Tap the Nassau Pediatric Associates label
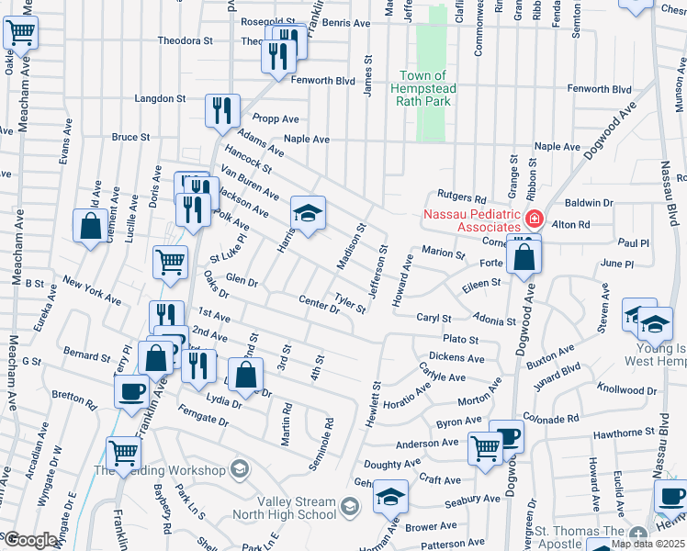pyautogui.click(x=470, y=221)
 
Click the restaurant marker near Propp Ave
pyautogui.click(x=222, y=113)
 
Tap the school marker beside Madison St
pyautogui.click(x=309, y=215)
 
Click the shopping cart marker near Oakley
pyautogui.click(x=20, y=34)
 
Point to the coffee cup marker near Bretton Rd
pyautogui.click(x=131, y=391)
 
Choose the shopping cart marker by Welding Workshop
pyautogui.click(x=124, y=452)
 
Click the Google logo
pyautogui.click(x=30, y=540)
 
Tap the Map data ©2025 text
pyautogui.click(x=648, y=544)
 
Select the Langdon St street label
pyautogui.click(x=161, y=98)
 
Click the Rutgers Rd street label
pyautogui.click(x=461, y=197)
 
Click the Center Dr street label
pyautogui.click(x=319, y=303)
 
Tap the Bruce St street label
pyautogui.click(x=130, y=137)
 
